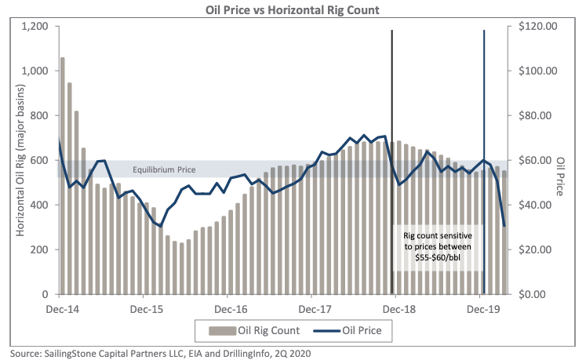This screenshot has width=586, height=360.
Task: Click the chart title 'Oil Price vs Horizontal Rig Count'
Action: point(292,9)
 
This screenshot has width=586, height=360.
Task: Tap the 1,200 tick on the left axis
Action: point(36,27)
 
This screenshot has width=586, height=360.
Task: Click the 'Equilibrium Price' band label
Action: point(164,170)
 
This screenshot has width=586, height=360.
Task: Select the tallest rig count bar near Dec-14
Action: point(63,176)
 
